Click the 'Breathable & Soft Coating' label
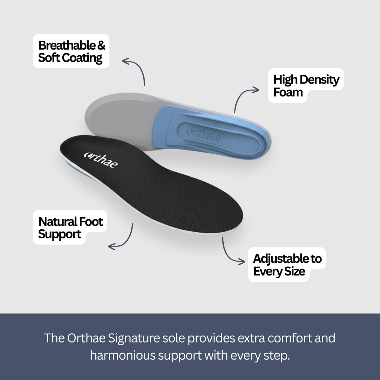click(71, 51)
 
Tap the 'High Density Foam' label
click(306, 85)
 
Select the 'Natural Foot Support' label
click(71, 227)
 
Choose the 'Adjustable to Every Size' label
click(287, 265)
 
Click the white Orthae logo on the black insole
click(101, 159)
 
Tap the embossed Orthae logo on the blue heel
click(204, 135)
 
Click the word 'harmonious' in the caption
click(123, 356)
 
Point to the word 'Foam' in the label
click(288, 92)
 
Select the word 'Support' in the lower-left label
click(60, 234)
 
